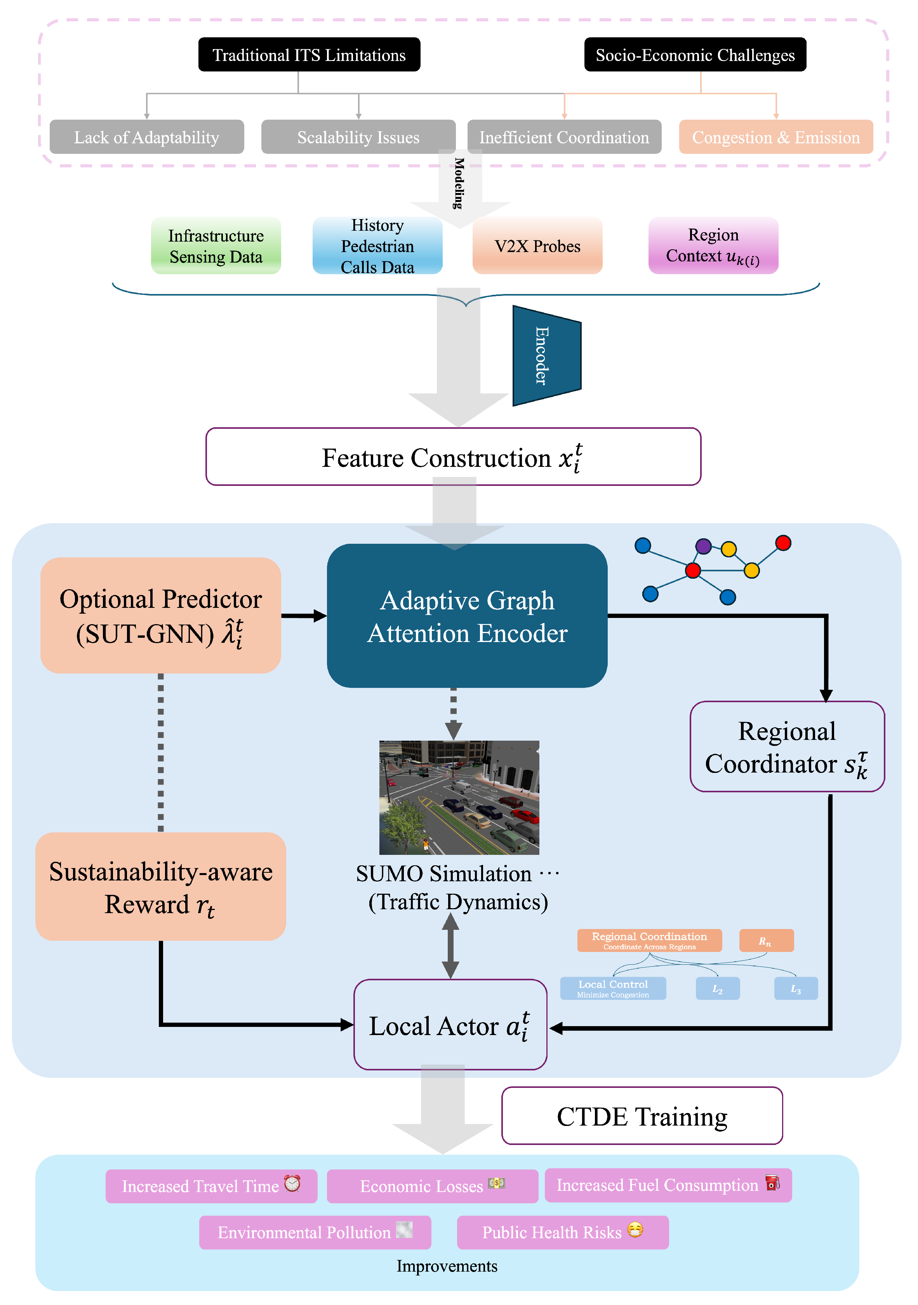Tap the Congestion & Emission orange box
(775, 137)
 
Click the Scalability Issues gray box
(358, 137)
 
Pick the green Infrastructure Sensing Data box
(216, 246)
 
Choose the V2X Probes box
(537, 246)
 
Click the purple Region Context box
(713, 246)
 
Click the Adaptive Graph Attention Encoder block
(467, 616)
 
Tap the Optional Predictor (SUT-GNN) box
(161, 616)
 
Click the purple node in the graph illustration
(703, 546)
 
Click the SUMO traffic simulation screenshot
(459, 797)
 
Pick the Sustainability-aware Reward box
(161, 887)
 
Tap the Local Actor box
(450, 1025)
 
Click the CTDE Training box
(642, 1116)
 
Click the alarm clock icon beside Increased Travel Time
(292, 1183)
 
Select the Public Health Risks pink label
(562, 1232)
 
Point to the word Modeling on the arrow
(459, 183)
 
